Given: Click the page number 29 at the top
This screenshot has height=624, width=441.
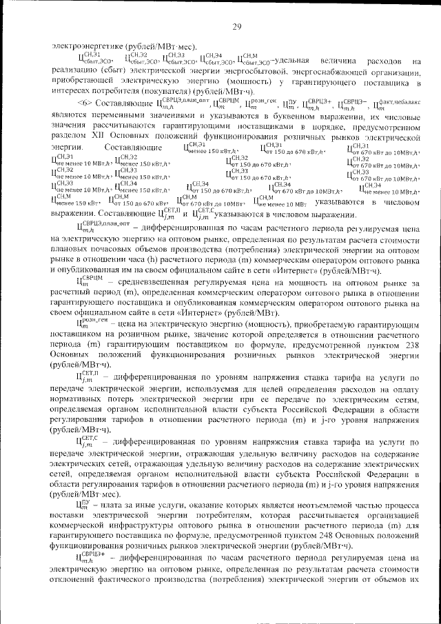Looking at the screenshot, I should (236, 27).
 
